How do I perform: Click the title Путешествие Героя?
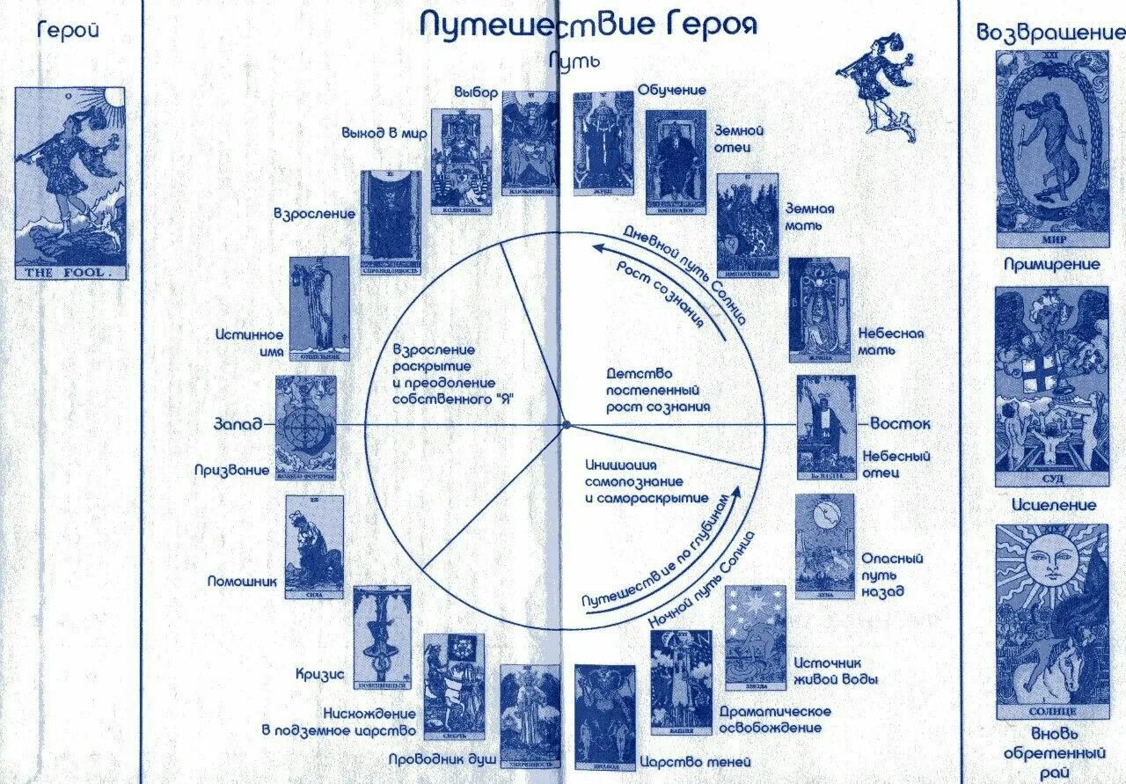[x=588, y=25]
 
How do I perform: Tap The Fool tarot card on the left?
[x=70, y=183]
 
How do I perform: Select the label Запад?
[x=238, y=424]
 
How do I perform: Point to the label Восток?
[x=900, y=424]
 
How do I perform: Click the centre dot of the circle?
[x=567, y=425]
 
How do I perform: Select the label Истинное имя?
[x=250, y=343]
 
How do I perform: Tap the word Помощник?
[x=242, y=581]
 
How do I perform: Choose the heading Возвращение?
[x=1050, y=33]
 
